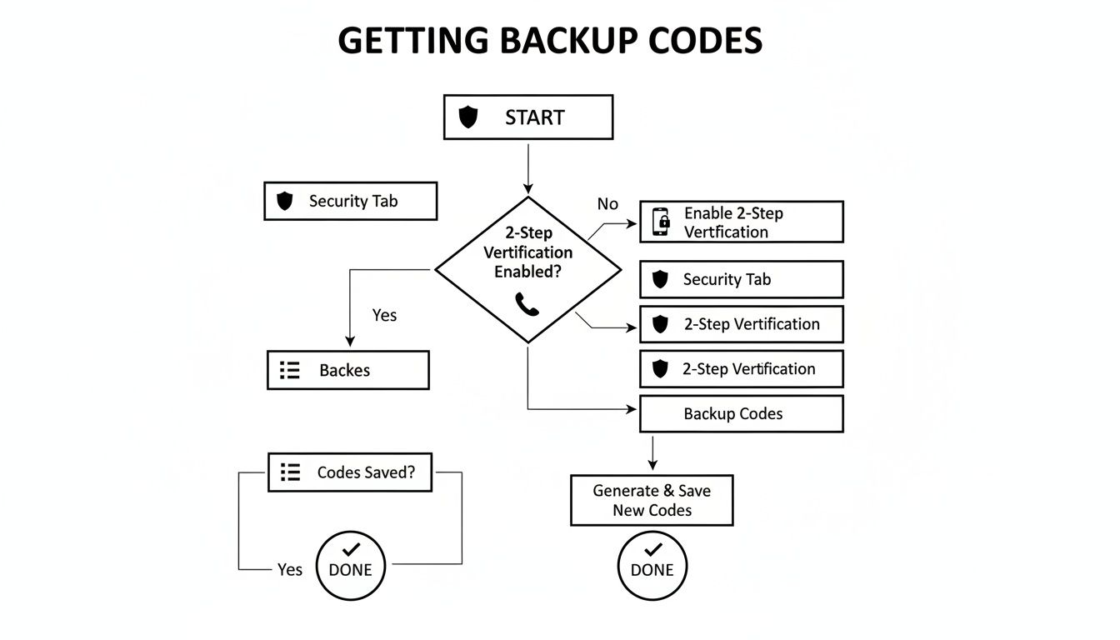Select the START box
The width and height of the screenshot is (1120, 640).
[527, 117]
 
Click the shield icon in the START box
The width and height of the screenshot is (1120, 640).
[469, 117]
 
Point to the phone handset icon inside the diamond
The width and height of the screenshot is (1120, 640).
[527, 304]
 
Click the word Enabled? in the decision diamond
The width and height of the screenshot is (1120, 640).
[527, 272]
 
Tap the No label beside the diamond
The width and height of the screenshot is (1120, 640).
[607, 204]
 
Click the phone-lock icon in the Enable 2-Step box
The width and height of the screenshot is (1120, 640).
[661, 222]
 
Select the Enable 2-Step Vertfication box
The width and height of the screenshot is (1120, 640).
[741, 222]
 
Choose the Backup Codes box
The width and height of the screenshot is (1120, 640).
[741, 413]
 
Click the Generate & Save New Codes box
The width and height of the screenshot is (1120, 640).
[652, 501]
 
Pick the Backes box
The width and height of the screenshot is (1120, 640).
[347, 370]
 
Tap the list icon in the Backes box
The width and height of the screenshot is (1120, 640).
[290, 370]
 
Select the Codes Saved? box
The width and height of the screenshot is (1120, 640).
[350, 472]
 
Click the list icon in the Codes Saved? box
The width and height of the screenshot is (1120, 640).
[290, 472]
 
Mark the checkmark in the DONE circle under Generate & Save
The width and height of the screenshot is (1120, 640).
[653, 550]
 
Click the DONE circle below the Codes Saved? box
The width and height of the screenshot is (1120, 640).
[351, 566]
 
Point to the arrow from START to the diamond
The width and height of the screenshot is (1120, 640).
[527, 167]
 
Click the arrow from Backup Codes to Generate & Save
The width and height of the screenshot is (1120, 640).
[652, 452]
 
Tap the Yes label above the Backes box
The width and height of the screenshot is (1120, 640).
[384, 315]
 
